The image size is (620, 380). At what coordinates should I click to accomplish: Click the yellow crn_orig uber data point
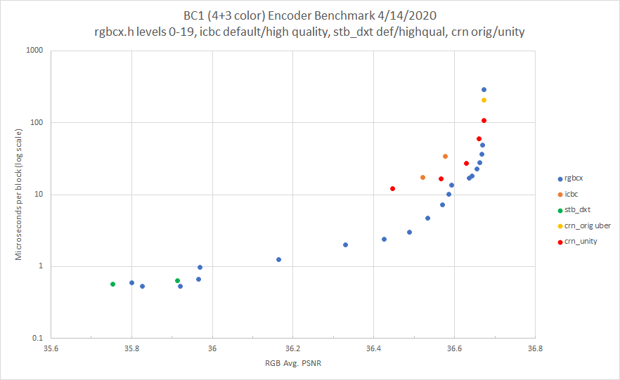[x=484, y=100]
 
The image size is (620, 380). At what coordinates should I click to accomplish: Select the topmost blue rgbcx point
[x=484, y=90]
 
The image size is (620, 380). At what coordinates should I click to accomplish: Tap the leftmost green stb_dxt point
[x=112, y=284]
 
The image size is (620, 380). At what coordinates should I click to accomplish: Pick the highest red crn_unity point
[x=484, y=121]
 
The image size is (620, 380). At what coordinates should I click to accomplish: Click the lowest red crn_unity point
[x=392, y=189]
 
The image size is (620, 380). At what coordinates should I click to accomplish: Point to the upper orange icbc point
[x=445, y=156]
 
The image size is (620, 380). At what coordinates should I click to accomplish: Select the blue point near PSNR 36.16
[x=278, y=260]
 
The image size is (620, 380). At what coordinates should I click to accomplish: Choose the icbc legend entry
[x=571, y=194]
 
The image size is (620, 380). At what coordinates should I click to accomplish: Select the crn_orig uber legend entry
[x=584, y=225]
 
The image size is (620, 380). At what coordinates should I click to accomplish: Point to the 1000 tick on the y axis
[x=35, y=51]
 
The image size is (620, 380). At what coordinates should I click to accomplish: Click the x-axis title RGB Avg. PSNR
[x=292, y=364]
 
